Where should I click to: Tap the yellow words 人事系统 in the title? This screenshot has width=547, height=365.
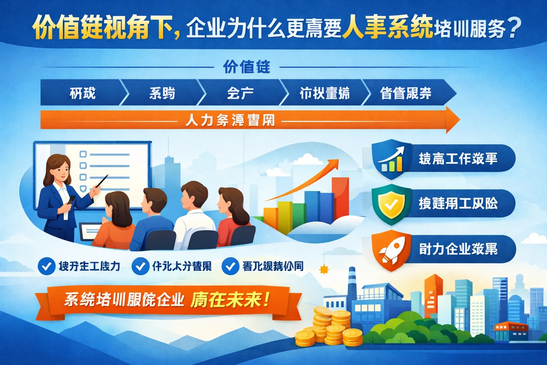(387, 27)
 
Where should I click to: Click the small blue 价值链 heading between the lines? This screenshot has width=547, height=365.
(246, 67)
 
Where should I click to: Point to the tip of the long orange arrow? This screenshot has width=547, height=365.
(458, 120)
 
